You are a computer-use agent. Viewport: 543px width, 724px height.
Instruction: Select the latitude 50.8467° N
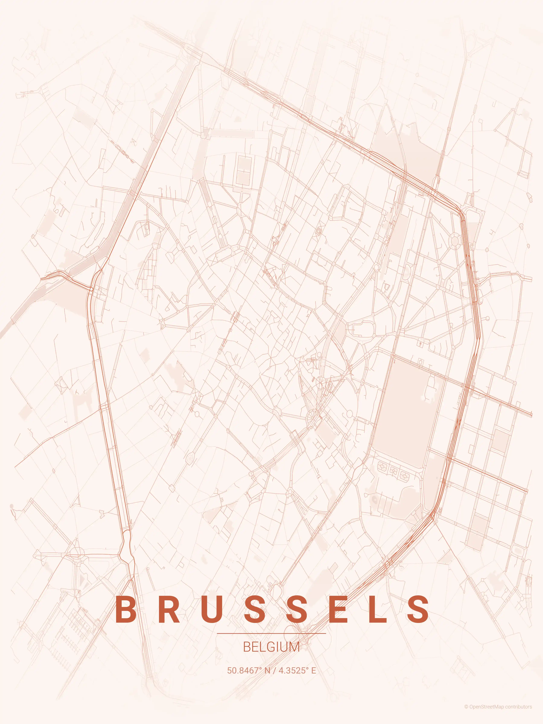tap(249, 670)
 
